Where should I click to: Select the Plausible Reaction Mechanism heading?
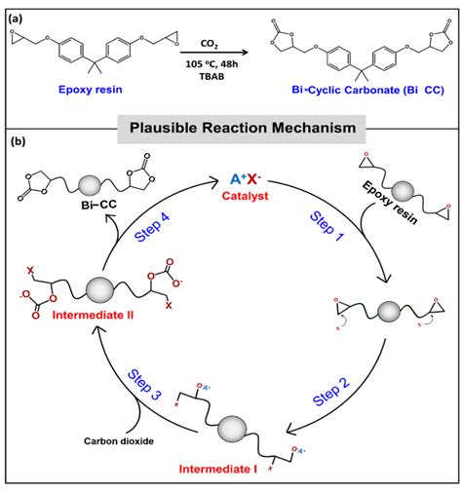click(230, 127)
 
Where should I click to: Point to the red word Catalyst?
click(243, 195)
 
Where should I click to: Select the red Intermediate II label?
click(83, 341)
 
